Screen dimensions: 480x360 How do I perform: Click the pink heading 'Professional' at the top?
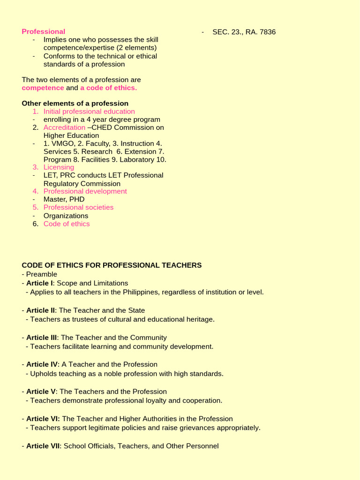[44, 31]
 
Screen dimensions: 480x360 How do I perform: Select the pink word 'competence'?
[43, 88]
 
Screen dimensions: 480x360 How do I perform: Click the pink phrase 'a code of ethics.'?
[108, 88]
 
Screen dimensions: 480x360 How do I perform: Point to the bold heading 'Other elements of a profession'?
[75, 103]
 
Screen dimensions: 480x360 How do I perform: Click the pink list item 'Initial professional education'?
[89, 112]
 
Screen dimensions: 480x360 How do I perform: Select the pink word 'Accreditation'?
[64, 127]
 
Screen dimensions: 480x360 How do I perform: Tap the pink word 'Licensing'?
[59, 167]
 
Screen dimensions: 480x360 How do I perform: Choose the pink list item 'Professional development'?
[85, 191]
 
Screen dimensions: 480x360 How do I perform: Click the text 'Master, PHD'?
[64, 199]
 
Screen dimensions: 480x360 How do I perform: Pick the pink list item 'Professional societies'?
[78, 207]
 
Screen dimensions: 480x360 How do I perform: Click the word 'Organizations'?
[66, 216]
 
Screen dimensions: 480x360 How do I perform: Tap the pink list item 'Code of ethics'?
[67, 224]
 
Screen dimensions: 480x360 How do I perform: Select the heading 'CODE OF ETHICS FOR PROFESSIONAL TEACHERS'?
[112, 265]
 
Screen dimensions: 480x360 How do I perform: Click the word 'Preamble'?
[42, 274]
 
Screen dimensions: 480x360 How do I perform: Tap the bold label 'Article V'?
[41, 391]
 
